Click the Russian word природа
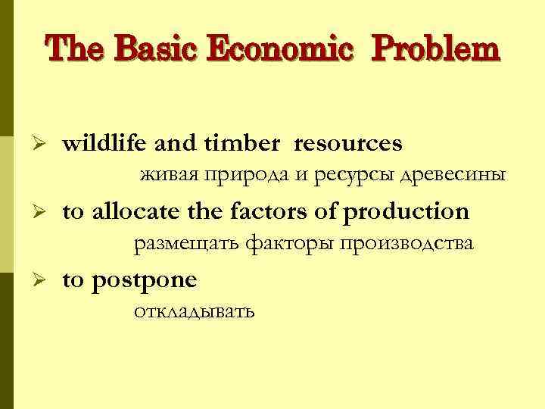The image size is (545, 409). click(247, 176)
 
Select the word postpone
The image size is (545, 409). click(145, 281)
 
